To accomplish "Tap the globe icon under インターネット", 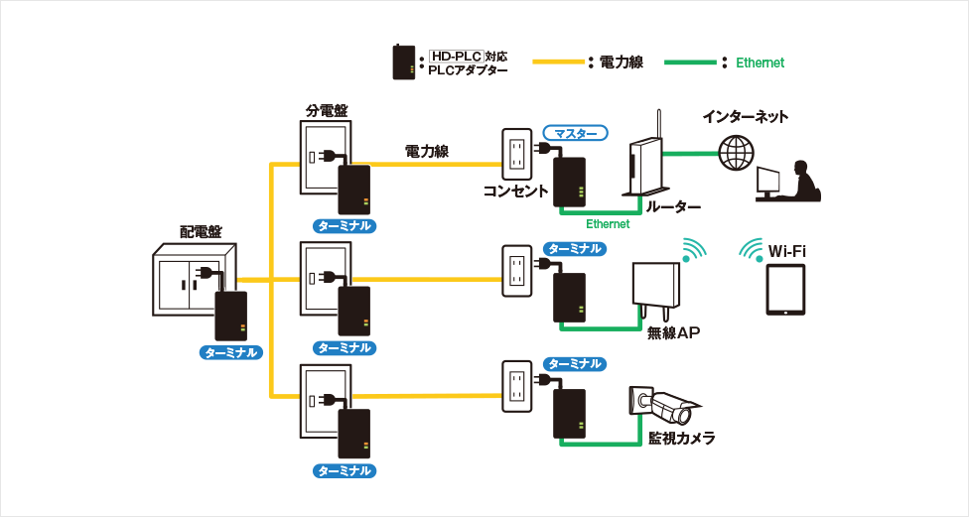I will [736, 153].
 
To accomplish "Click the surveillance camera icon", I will [661, 403].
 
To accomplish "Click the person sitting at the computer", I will [800, 179].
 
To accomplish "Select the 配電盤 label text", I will [201, 232].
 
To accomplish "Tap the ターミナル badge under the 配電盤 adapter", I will [230, 352].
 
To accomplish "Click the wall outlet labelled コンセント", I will [516, 154].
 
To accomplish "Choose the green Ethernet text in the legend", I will [760, 63].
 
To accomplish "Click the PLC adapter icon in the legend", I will [404, 63].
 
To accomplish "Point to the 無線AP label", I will [674, 333].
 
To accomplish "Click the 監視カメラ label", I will [681, 438].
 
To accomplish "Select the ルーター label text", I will [674, 207].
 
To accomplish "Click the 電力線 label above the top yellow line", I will [426, 152].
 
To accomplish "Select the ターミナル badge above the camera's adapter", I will [575, 364].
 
